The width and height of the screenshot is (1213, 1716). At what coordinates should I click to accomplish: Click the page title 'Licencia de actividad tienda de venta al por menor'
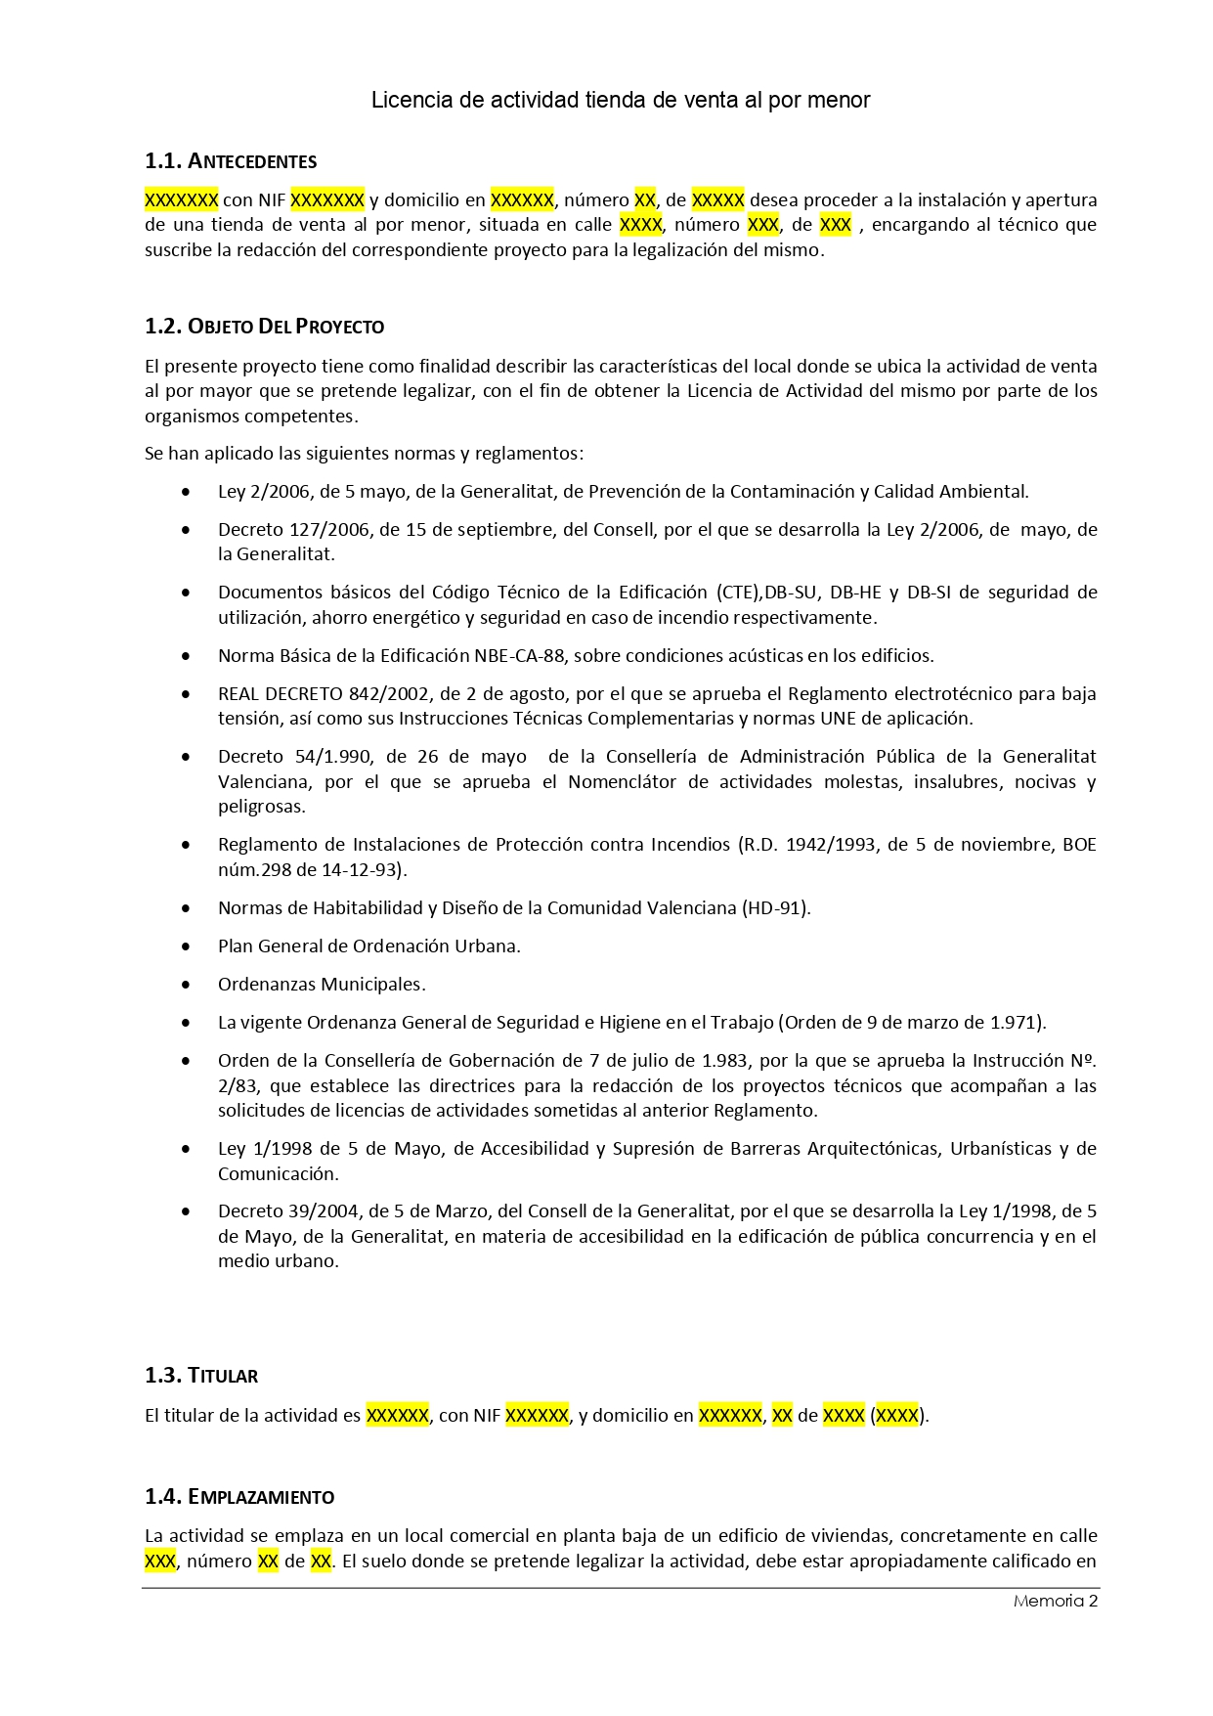[620, 100]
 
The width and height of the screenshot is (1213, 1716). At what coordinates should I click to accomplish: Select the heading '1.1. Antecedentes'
[231, 161]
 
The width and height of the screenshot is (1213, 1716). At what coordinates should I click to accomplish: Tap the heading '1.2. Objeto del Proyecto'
[264, 327]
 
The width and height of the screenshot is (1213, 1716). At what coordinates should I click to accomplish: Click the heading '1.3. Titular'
[201, 1376]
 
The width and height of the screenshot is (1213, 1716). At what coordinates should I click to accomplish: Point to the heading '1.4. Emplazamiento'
[239, 1497]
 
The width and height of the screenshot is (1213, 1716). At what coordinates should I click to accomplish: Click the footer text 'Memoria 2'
[1056, 1601]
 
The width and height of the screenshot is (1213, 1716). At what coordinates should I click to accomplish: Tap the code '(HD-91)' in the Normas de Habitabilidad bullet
[776, 908]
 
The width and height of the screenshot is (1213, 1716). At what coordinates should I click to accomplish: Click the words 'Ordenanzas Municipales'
[322, 985]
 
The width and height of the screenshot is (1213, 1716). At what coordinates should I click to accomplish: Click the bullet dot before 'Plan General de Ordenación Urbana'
[186, 946]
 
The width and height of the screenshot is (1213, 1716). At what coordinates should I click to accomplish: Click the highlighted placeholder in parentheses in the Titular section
[897, 1416]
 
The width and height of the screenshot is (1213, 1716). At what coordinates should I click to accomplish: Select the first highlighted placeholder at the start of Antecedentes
[181, 200]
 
